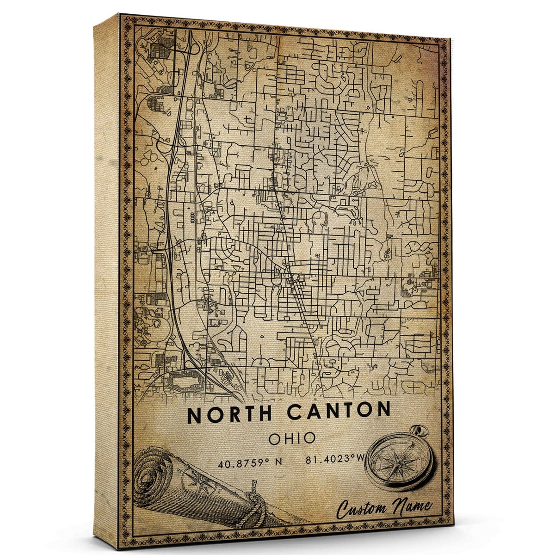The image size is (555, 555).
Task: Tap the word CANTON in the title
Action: (x=339, y=411)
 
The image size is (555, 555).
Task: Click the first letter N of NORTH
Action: (x=194, y=413)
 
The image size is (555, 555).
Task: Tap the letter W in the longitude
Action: (x=361, y=459)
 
